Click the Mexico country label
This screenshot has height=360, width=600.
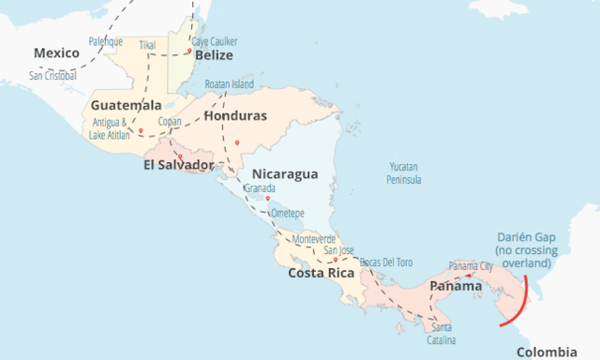[x=57, y=53]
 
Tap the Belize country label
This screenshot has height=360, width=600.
[x=214, y=55]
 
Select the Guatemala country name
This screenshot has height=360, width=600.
[x=127, y=105]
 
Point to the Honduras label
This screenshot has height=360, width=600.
[x=235, y=115]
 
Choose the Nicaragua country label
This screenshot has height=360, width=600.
[x=285, y=174]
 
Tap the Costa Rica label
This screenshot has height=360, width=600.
[x=320, y=273]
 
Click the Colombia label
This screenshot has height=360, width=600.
[x=547, y=352]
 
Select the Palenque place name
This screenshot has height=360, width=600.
[x=105, y=41]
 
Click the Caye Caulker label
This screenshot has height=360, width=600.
[x=215, y=41]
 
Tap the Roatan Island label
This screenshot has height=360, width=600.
[x=229, y=83]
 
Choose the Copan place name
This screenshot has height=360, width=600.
[x=170, y=121]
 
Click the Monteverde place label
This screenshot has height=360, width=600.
[x=314, y=239]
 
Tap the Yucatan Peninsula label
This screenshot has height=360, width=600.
[x=406, y=172]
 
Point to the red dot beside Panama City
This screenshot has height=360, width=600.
[x=468, y=276]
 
